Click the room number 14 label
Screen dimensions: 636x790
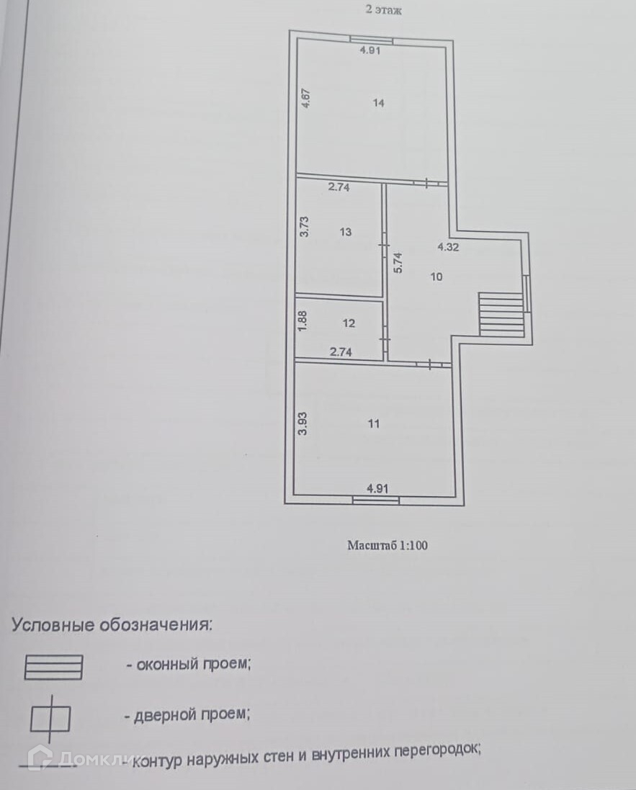click(x=379, y=103)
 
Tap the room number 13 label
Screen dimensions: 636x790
click(x=346, y=232)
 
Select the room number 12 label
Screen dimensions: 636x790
click(x=349, y=323)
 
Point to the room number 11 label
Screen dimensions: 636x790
click(x=373, y=423)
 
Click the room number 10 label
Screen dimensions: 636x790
click(x=436, y=277)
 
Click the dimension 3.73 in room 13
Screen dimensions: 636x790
click(x=305, y=228)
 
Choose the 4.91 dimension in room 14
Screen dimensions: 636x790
click(x=370, y=50)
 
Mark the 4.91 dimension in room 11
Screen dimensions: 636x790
click(x=377, y=488)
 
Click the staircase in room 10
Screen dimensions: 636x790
click(x=501, y=313)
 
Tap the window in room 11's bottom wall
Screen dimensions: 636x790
click(x=376, y=498)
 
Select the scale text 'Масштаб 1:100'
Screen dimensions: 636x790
click(x=388, y=545)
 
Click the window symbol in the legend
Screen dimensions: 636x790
click(x=53, y=667)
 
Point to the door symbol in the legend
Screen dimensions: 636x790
click(x=50, y=718)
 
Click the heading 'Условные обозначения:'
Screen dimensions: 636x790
click(x=112, y=624)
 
